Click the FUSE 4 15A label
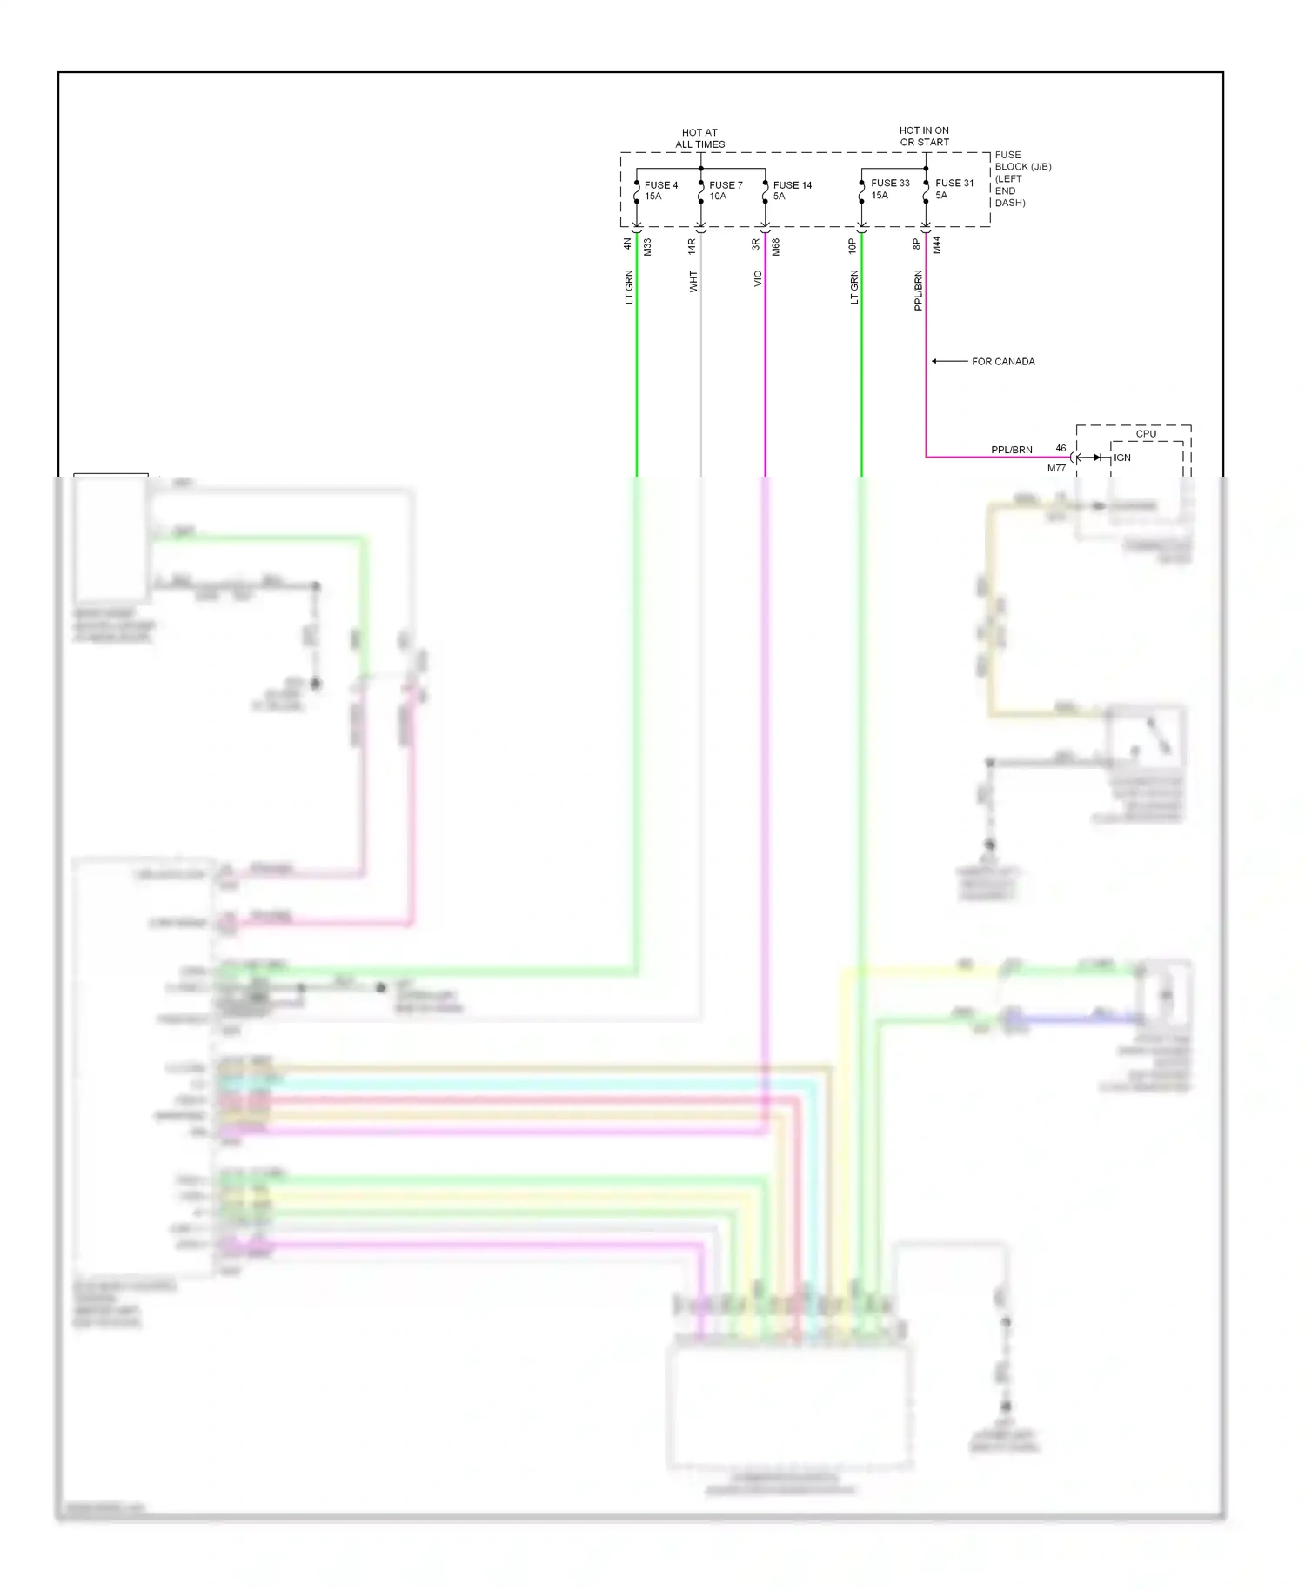[660, 190]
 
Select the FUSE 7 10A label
[725, 190]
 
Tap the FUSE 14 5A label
[792, 190]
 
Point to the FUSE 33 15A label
[889, 189]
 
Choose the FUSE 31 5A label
[954, 189]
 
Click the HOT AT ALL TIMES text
[699, 138]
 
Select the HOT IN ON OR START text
[924, 136]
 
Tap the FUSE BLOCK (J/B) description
[1022, 178]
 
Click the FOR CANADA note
[1003, 362]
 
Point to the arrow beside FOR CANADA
[948, 361]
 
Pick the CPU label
[1146, 433]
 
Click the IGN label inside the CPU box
[1122, 458]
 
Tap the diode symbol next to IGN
[1097, 458]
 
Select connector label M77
[1056, 468]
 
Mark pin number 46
[1061, 448]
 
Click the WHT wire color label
[693, 281]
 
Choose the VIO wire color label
[758, 278]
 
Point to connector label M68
[775, 246]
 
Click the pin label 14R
[692, 246]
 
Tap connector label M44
[936, 245]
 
